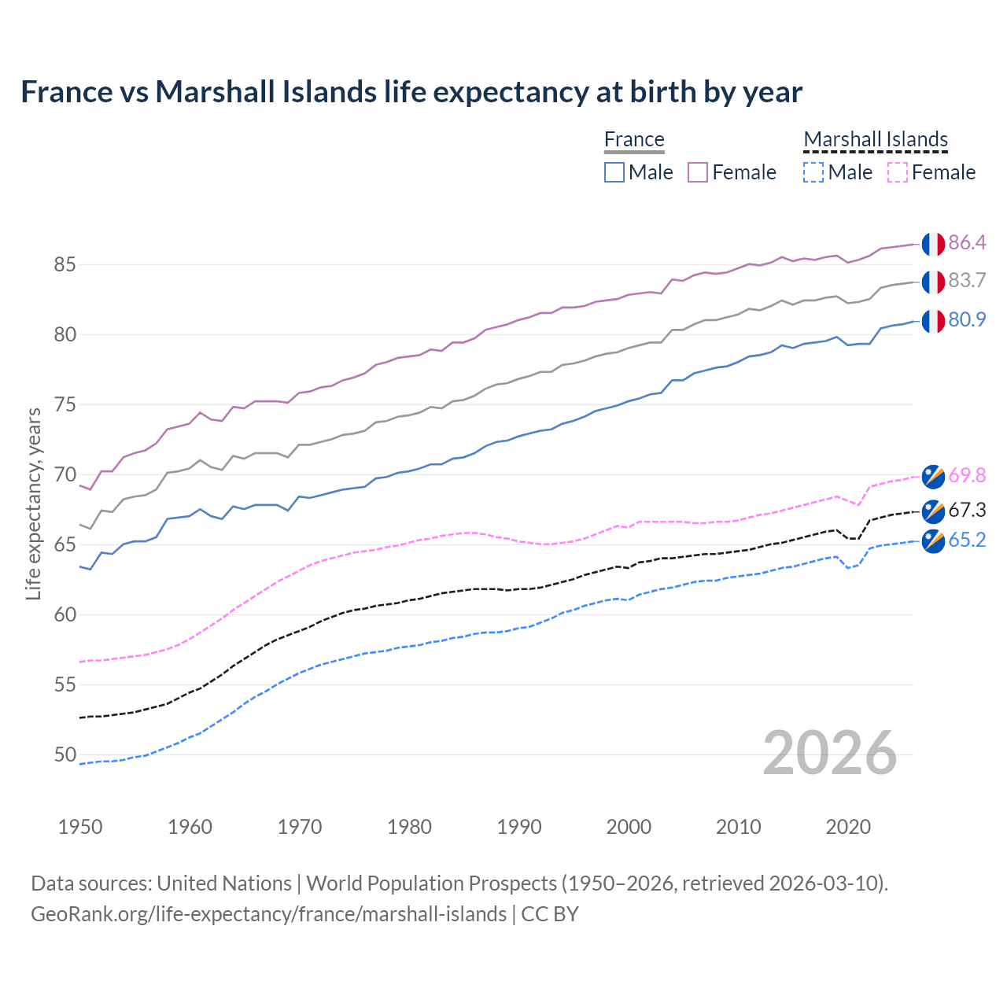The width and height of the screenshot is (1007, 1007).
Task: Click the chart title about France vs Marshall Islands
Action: click(x=411, y=92)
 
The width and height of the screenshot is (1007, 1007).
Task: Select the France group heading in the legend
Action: click(x=634, y=139)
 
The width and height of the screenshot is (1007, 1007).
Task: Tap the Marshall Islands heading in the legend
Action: click(x=876, y=139)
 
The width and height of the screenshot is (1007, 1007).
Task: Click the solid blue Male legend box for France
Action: click(x=614, y=172)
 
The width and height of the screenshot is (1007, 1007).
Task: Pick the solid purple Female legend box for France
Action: click(x=698, y=172)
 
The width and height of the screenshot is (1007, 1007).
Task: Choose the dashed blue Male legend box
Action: click(x=813, y=172)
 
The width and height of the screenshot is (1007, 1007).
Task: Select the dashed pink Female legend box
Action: click(x=897, y=172)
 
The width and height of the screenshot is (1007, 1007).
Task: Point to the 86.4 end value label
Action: click(x=967, y=242)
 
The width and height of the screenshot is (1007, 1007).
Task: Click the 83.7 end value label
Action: click(x=967, y=281)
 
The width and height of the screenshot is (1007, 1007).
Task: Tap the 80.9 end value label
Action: click(x=967, y=319)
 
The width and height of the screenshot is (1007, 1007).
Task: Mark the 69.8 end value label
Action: click(x=967, y=475)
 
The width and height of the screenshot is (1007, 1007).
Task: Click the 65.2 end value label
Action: click(x=967, y=540)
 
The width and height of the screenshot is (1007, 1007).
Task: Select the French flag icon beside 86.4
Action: click(x=933, y=244)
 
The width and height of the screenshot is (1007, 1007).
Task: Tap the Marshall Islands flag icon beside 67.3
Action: click(x=933, y=511)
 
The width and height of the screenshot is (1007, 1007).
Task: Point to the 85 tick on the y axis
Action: click(x=65, y=264)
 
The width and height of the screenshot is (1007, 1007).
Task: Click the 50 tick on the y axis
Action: click(x=65, y=754)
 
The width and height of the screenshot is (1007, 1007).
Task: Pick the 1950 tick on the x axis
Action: click(x=80, y=827)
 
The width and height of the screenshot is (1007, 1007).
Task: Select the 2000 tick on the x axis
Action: click(x=629, y=827)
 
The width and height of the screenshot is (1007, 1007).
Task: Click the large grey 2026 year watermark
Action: click(x=830, y=753)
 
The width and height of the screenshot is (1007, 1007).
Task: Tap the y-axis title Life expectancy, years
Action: click(x=34, y=503)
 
